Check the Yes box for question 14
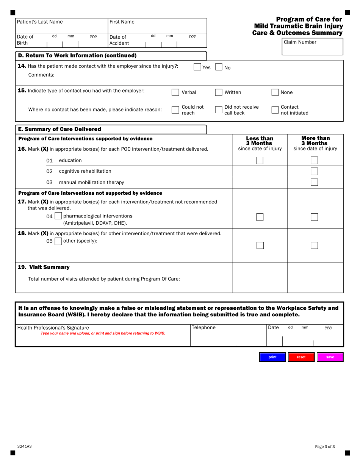click(197, 67)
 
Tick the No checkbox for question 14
click(219, 67)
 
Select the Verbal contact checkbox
click(175, 92)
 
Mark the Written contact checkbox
click(219, 92)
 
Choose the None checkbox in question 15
click(275, 92)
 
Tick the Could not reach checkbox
click(175, 110)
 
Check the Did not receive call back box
click(219, 110)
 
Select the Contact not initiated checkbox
click(275, 110)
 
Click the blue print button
click(272, 357)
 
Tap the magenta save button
click(330, 357)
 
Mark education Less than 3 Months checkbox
click(260, 161)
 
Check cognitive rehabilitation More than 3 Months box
click(314, 171)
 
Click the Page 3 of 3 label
click(325, 446)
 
